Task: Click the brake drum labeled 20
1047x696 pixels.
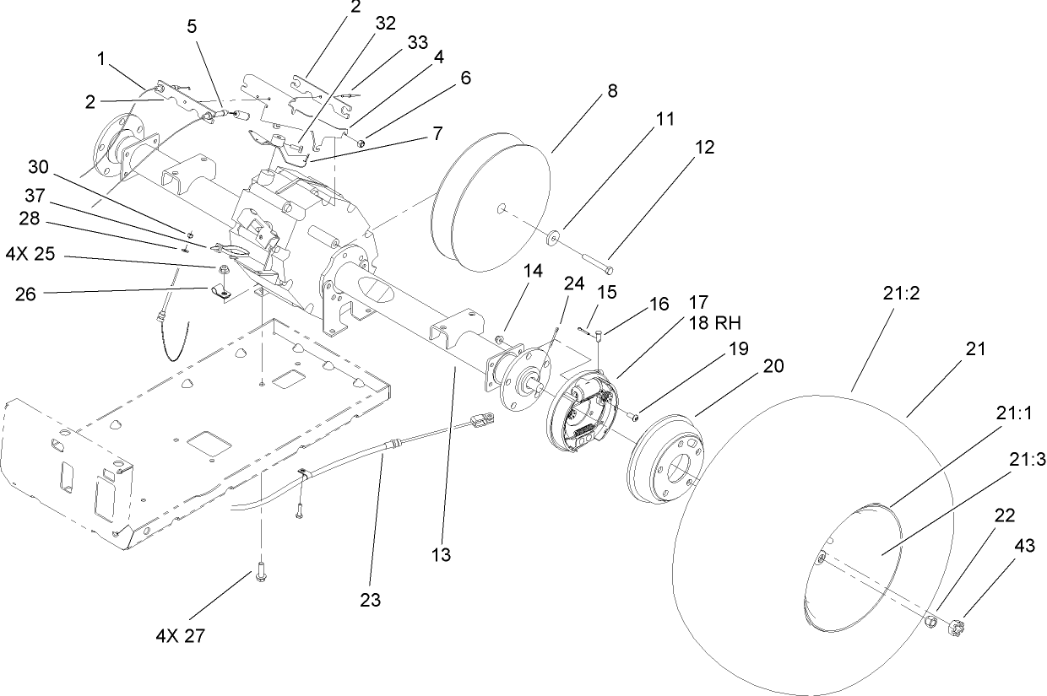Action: click(x=665, y=455)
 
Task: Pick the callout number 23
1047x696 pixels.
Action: click(x=370, y=600)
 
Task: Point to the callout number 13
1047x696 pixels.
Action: click(x=441, y=555)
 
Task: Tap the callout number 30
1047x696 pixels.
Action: click(x=39, y=165)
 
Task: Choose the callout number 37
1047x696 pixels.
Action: click(x=34, y=196)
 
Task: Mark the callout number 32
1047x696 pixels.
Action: click(x=385, y=24)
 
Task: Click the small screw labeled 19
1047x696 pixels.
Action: click(x=633, y=414)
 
